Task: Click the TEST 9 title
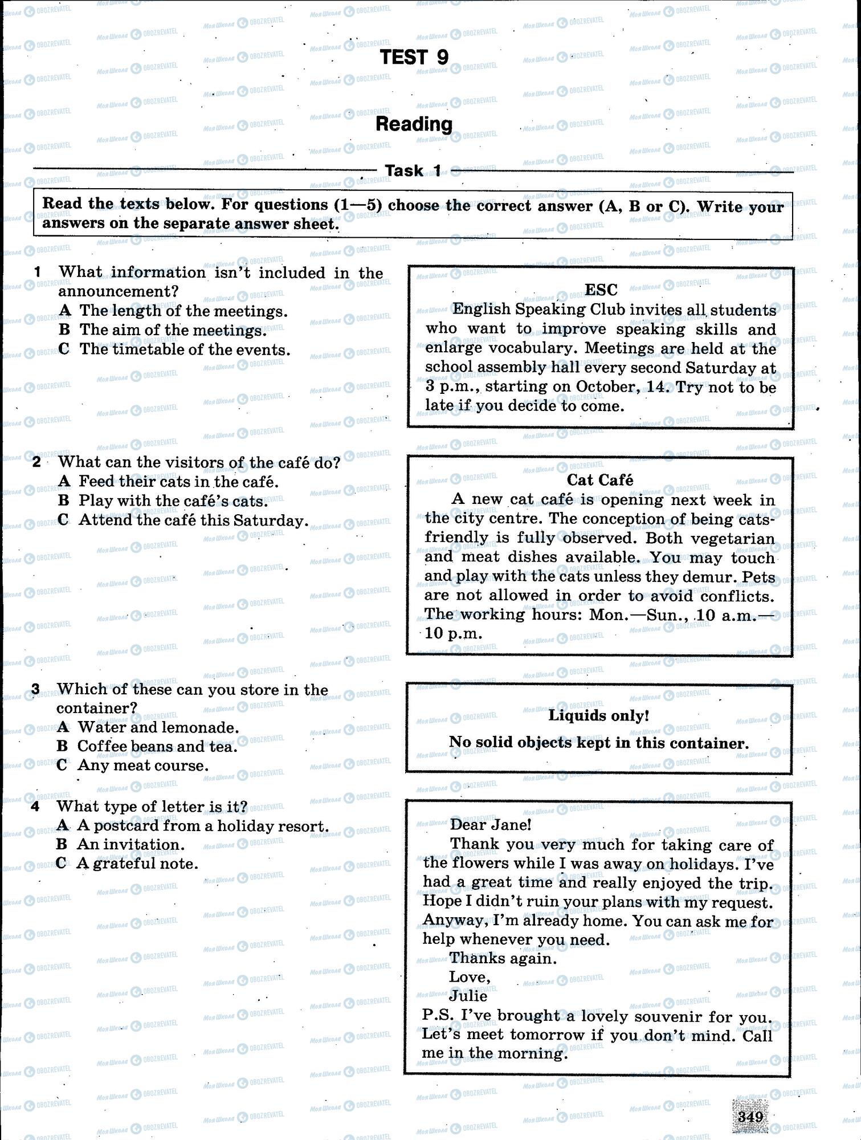pyautogui.click(x=414, y=57)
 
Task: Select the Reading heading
pyautogui.click(x=414, y=124)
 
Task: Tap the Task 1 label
pyautogui.click(x=413, y=170)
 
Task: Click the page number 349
pyautogui.click(x=750, y=1117)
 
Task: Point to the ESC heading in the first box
pyautogui.click(x=601, y=290)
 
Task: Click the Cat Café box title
pyautogui.click(x=599, y=480)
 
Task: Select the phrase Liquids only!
pyautogui.click(x=598, y=715)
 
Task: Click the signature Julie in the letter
pyautogui.click(x=468, y=996)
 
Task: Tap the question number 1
pyautogui.click(x=38, y=272)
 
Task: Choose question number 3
pyautogui.click(x=35, y=690)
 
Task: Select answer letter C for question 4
pyautogui.click(x=62, y=864)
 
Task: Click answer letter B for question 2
pyautogui.click(x=63, y=500)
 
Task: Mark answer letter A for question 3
pyautogui.click(x=63, y=727)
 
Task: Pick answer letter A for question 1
pyautogui.click(x=65, y=311)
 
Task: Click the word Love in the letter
pyautogui.click(x=468, y=977)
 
